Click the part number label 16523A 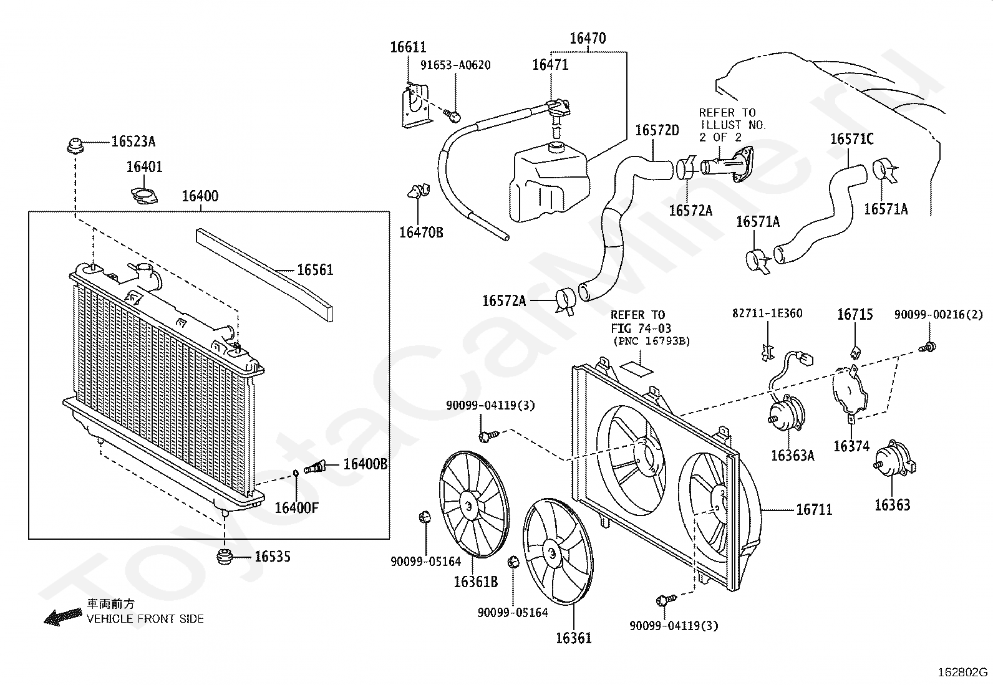pyautogui.click(x=133, y=141)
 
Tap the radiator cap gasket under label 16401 pyautogui.click(x=144, y=195)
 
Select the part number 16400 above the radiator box pyautogui.click(x=200, y=196)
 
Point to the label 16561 pyautogui.click(x=315, y=269)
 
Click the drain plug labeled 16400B pyautogui.click(x=315, y=467)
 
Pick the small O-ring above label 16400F pyautogui.click(x=296, y=473)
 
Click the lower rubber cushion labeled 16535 pyautogui.click(x=225, y=557)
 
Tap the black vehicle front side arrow pyautogui.click(x=63, y=617)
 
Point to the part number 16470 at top pyautogui.click(x=588, y=39)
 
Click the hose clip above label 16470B pyautogui.click(x=419, y=191)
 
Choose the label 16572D pyautogui.click(x=657, y=130)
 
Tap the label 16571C pyautogui.click(x=852, y=139)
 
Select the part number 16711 pyautogui.click(x=815, y=509)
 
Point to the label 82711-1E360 pyautogui.click(x=767, y=314)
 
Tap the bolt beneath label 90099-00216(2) pyautogui.click(x=927, y=347)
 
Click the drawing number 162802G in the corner pyautogui.click(x=962, y=672)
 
